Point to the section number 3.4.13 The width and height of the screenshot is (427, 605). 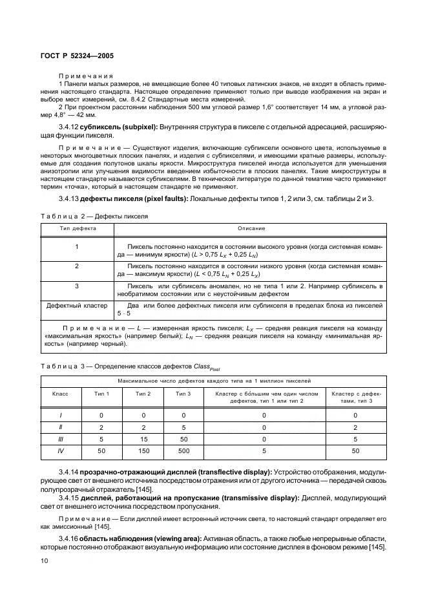(69, 198)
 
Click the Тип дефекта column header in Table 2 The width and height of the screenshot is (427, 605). (78, 228)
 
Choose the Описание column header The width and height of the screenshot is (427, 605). (251, 228)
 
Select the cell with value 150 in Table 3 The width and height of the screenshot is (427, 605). (143, 451)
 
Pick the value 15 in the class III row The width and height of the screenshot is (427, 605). (143, 439)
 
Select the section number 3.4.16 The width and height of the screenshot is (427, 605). (69, 538)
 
